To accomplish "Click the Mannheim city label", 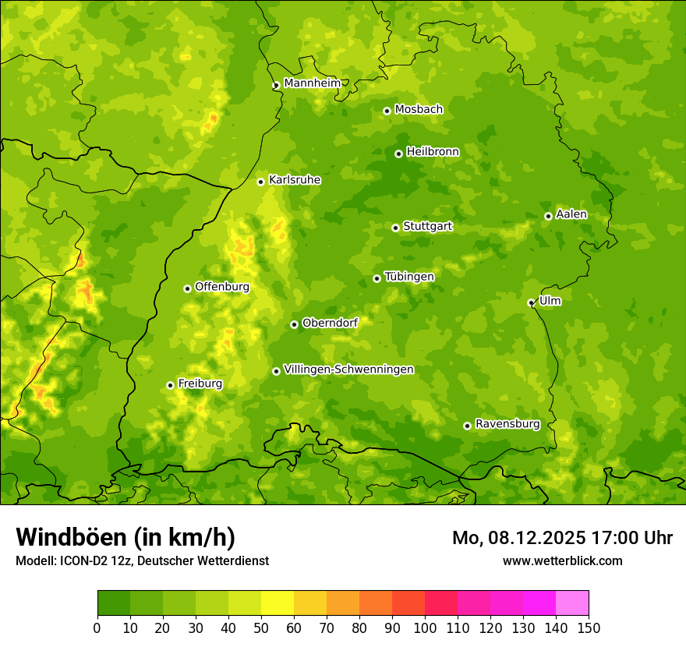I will click(x=312, y=83).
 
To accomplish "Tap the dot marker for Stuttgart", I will click(x=395, y=228).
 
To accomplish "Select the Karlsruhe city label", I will click(x=294, y=180).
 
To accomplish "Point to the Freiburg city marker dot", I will click(x=170, y=385).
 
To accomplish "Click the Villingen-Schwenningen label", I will click(x=348, y=369).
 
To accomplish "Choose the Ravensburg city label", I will click(x=507, y=424).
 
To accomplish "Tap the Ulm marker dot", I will click(x=531, y=302).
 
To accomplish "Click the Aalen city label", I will click(x=571, y=214).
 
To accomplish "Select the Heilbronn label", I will click(x=433, y=152).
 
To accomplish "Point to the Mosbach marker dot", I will click(x=387, y=111).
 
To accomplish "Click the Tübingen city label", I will click(x=408, y=277).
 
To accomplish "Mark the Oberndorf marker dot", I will click(x=294, y=324).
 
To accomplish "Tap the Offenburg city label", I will click(x=222, y=287).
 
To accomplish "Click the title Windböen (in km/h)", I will click(x=126, y=537).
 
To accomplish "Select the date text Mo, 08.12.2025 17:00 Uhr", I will click(x=562, y=538).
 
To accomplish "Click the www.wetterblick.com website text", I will click(x=562, y=560).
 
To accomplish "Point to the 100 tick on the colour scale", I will click(x=425, y=628).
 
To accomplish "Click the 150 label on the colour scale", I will click(x=589, y=628).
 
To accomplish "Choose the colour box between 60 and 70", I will click(x=310, y=603).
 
